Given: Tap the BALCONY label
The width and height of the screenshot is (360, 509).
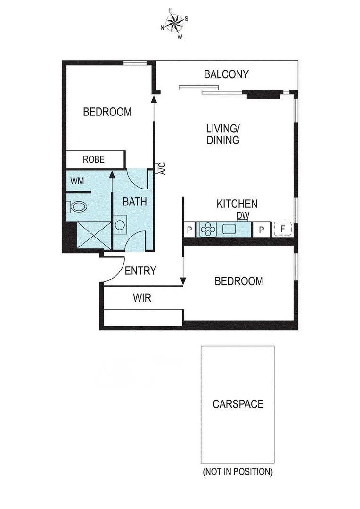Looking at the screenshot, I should tap(226, 74).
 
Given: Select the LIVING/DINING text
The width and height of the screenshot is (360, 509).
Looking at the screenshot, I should tap(223, 134).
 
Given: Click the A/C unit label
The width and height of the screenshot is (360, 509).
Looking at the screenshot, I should tap(161, 169).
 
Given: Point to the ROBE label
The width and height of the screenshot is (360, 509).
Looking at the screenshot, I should tap(93, 159).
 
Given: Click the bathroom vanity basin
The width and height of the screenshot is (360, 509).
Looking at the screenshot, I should tap(120, 223).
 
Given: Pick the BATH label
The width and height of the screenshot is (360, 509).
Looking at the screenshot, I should tap(135, 202).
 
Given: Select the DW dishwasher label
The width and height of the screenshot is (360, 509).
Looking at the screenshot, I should tap(243, 215).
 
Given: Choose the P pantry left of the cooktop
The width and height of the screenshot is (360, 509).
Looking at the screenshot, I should tap(189, 230).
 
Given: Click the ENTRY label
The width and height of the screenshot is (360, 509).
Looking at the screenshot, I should tap(140, 271).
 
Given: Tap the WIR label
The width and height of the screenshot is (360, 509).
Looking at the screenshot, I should tap(142, 298).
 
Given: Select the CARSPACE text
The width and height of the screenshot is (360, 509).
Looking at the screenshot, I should tap(237, 404).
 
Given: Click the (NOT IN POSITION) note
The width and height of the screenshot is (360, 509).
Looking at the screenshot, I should tap(237, 471).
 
